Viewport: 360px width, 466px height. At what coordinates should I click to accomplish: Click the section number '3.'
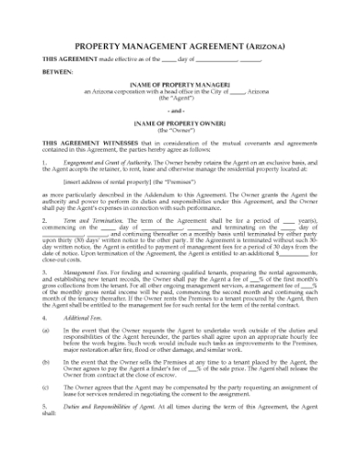[45, 298]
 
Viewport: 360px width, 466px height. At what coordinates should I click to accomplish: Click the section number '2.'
[45, 249]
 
